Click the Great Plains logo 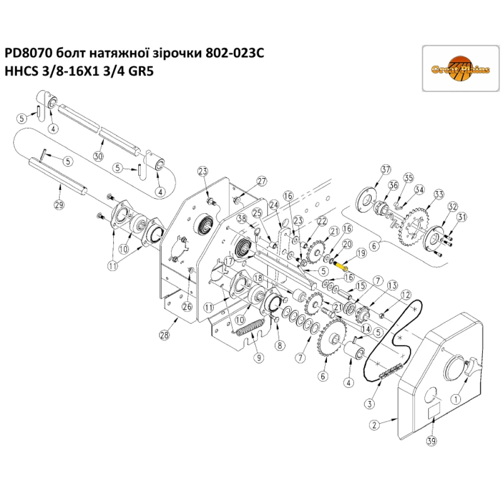460,68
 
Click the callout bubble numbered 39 432,441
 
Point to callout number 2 373,426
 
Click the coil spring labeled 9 248,329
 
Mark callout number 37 385,169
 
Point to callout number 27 262,182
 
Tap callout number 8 280,345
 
